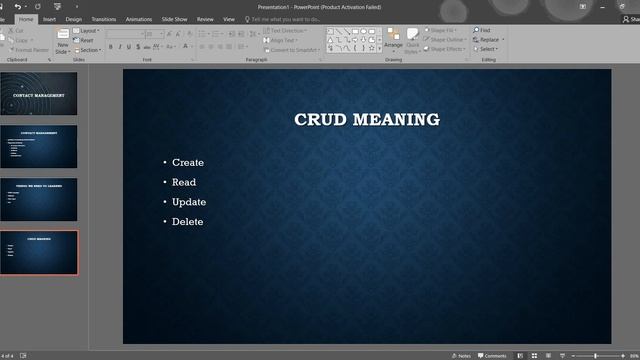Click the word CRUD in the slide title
[x=318, y=120]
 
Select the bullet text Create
[x=188, y=162]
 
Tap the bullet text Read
[x=184, y=182]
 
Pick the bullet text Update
[x=189, y=202]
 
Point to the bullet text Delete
[x=188, y=222]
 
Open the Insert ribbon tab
[x=49, y=19]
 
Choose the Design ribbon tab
[x=74, y=19]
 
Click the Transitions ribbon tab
[x=103, y=19]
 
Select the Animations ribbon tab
[x=139, y=19]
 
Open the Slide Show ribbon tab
[x=174, y=19]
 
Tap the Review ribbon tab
[x=205, y=19]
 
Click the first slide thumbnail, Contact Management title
[x=39, y=95]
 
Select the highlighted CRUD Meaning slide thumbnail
[x=39, y=252]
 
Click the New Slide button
[x=63, y=42]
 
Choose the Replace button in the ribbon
[x=489, y=40]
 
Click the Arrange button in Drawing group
[x=393, y=40]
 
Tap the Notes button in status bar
[x=461, y=355]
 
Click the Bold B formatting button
[x=111, y=47]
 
